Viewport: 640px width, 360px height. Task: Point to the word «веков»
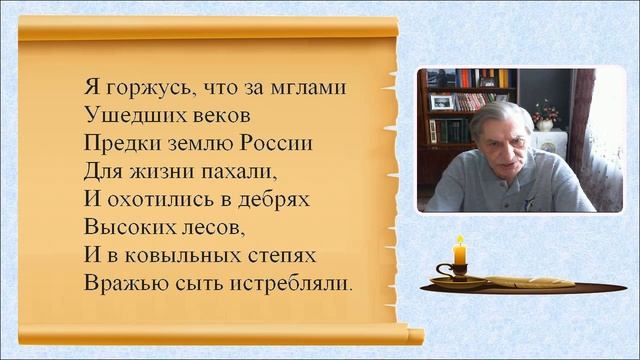211,116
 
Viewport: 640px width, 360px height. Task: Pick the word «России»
281,144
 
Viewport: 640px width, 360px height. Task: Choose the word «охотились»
159,200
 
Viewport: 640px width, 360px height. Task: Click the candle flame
460,241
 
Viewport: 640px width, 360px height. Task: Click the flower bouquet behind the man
543,112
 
